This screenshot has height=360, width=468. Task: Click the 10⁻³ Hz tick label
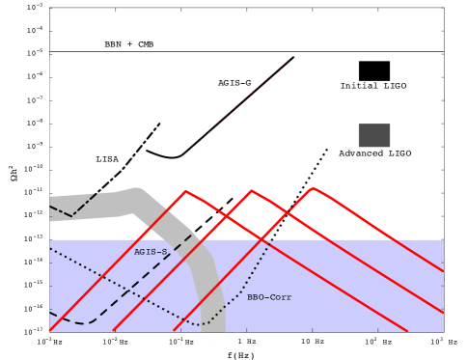pyautogui.click(x=49, y=342)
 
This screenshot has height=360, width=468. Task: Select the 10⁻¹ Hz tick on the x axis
pyautogui.click(x=180, y=342)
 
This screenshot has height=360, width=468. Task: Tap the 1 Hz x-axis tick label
pyautogui.click(x=247, y=342)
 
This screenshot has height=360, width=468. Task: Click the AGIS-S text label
pyautogui.click(x=151, y=251)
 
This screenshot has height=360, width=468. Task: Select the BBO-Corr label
pyautogui.click(x=269, y=297)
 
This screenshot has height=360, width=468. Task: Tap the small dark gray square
pyautogui.click(x=374, y=135)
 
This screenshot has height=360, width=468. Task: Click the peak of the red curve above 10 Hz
pyautogui.click(x=313, y=188)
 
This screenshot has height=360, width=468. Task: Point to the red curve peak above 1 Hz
pyautogui.click(x=252, y=190)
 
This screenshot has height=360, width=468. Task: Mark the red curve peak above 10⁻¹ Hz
pyautogui.click(x=186, y=191)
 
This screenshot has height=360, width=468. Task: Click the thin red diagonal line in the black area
pyautogui.click(x=253, y=92)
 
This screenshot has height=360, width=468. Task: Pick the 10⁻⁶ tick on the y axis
pyautogui.click(x=38, y=75)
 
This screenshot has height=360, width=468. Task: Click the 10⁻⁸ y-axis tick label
pyautogui.click(x=38, y=122)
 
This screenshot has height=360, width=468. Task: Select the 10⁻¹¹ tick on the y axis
pyautogui.click(x=38, y=191)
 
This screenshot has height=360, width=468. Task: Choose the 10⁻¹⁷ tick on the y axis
pyautogui.click(x=38, y=329)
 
